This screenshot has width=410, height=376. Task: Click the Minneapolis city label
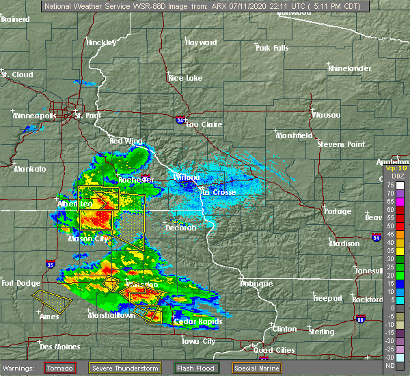(x=34, y=116)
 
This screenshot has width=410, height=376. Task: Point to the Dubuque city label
(x=256, y=284)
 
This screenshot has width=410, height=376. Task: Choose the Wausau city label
(x=327, y=115)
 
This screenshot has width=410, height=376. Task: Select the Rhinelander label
(x=348, y=68)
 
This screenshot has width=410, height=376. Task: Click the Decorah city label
(x=180, y=228)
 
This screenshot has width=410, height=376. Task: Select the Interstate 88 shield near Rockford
(x=359, y=319)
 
